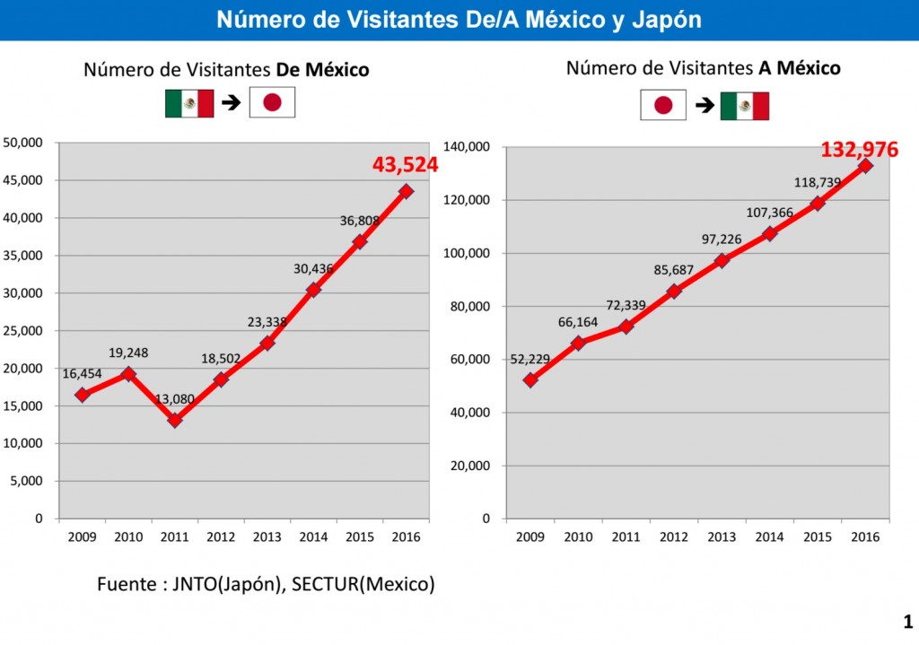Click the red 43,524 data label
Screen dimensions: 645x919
click(405, 165)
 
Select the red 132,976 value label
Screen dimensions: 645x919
click(859, 150)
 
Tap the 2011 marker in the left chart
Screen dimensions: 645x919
click(174, 419)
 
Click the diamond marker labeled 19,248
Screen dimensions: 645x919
click(128, 374)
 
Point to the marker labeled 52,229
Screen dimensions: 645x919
click(530, 379)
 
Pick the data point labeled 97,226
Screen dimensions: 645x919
click(722, 260)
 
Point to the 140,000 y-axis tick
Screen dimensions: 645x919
click(466, 147)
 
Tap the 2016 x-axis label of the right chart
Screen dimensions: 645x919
click(865, 536)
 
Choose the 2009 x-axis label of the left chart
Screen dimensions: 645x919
click(82, 536)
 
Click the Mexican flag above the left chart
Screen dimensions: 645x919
click(189, 104)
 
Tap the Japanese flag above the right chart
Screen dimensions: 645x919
click(663, 105)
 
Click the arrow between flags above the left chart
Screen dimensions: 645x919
click(232, 104)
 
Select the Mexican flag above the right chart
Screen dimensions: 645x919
click(744, 106)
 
